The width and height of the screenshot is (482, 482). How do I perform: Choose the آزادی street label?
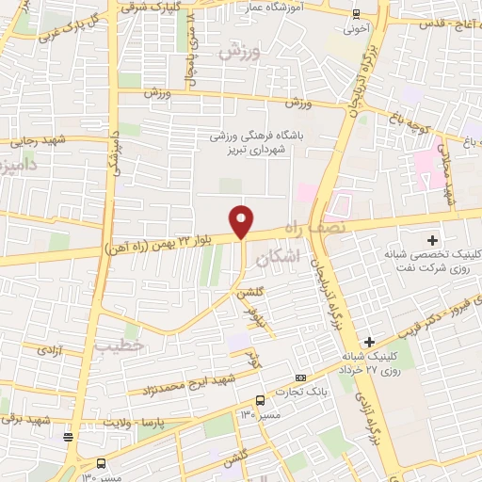49,349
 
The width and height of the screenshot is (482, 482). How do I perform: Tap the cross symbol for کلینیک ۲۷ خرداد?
369,341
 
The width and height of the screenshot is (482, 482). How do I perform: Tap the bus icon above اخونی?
355,13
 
